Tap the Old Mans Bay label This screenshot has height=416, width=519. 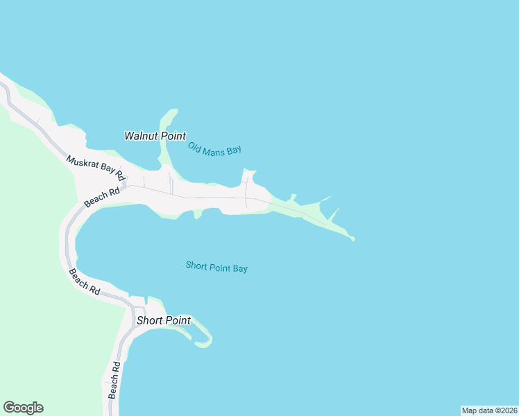click(214, 149)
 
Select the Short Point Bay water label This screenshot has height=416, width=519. click(216, 266)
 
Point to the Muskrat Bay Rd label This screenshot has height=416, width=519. click(95, 168)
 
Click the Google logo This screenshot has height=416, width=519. click(23, 408)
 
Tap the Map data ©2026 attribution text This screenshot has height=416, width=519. click(489, 410)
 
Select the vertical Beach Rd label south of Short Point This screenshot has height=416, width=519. click(114, 380)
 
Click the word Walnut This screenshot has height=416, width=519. click(142, 136)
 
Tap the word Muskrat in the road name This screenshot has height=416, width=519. click(81, 162)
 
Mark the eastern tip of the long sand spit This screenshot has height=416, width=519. click(352, 239)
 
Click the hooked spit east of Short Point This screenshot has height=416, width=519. click(205, 340)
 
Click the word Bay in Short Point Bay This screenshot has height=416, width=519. click(239, 268)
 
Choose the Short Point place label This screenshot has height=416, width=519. click(163, 320)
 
